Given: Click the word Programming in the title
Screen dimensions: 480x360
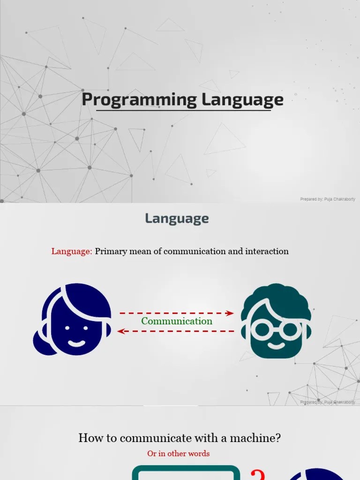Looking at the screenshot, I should [x=139, y=99].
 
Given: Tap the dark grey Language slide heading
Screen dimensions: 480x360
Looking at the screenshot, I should [x=177, y=218].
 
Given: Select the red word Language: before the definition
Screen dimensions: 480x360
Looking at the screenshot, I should [x=72, y=251].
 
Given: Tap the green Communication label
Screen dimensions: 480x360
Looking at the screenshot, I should [x=177, y=321].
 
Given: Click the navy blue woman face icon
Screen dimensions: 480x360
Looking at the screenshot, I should [x=75, y=319].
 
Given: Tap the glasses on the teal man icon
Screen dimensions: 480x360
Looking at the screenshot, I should [x=276, y=329].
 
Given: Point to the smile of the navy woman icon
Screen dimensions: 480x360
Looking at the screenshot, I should [x=76, y=343].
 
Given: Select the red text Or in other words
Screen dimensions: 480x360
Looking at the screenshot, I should [x=178, y=453].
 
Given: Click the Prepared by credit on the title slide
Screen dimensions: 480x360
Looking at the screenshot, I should [x=328, y=199].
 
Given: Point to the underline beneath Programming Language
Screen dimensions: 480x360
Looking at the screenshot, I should [x=183, y=111].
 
